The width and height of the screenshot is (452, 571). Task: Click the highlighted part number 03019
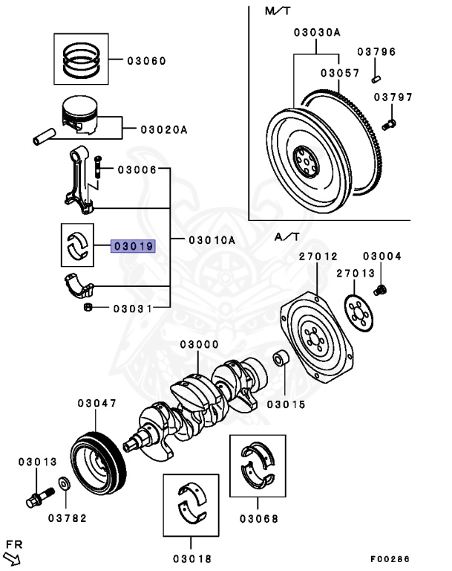133,245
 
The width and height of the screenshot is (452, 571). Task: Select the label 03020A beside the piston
164,129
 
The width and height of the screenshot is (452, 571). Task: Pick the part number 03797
389,97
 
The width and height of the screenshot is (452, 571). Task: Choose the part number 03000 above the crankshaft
198,344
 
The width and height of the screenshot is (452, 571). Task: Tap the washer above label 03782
65,485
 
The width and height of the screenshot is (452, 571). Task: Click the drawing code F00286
390,558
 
